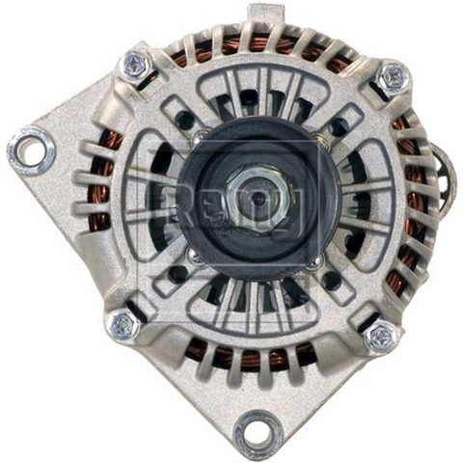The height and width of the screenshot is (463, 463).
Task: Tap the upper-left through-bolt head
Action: coord(132,66)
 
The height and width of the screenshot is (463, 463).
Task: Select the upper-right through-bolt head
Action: coord(392,77)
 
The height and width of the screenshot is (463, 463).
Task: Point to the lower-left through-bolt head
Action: coord(123,325)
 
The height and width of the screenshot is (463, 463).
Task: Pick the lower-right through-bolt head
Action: coord(380,336)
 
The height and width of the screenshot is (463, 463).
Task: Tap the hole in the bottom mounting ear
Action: coord(256,428)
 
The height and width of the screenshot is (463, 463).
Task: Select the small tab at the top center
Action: coord(262,14)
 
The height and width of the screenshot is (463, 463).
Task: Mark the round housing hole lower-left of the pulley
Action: coord(178,274)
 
